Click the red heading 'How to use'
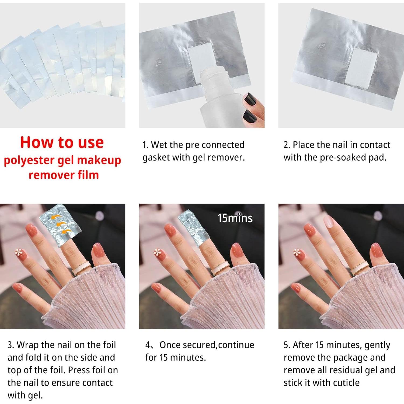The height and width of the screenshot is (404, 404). click(62, 142)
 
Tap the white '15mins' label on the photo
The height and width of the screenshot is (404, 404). click(235, 218)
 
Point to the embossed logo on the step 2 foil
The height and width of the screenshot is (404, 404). click(322, 45)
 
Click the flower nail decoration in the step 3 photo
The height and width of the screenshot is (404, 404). click(19, 252)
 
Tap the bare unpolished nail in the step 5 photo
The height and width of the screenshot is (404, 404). click(329, 222)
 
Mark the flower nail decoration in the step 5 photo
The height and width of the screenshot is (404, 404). click(297, 252)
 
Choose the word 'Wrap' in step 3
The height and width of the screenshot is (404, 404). click(28, 345)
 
